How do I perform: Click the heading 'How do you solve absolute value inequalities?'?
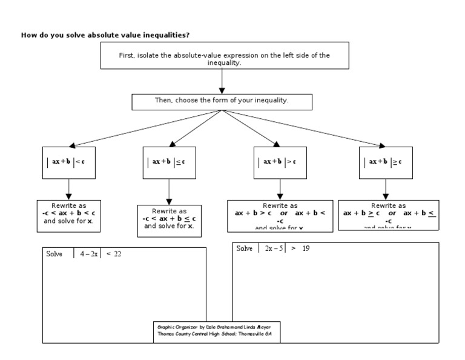[110, 35]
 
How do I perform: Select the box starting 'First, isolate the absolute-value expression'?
[225, 59]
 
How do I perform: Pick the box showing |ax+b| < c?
[68, 162]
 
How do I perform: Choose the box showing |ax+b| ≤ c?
[169, 162]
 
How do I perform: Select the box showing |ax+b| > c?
[277, 162]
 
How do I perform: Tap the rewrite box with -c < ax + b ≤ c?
[169, 219]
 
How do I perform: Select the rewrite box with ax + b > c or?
[280, 216]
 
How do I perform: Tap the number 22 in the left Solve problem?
[117, 254]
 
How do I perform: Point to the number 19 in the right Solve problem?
[306, 248]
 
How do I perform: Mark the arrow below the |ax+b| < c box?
[68, 190]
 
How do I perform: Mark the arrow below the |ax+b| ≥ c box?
[385, 190]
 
